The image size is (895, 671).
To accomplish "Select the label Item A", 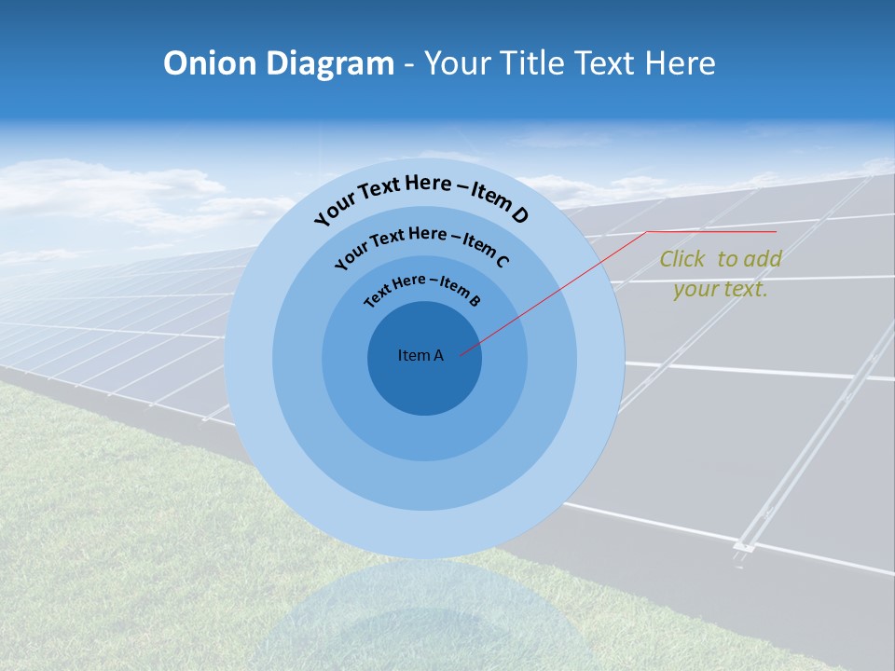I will (420, 355).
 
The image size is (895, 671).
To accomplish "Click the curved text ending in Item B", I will (422, 288).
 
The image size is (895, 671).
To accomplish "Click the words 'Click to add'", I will (720, 259).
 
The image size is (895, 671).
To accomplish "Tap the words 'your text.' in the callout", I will (720, 289).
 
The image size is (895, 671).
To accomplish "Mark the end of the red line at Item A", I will (461, 354).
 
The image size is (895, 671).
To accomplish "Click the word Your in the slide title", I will (461, 63).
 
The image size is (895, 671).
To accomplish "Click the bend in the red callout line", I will (647, 231).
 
